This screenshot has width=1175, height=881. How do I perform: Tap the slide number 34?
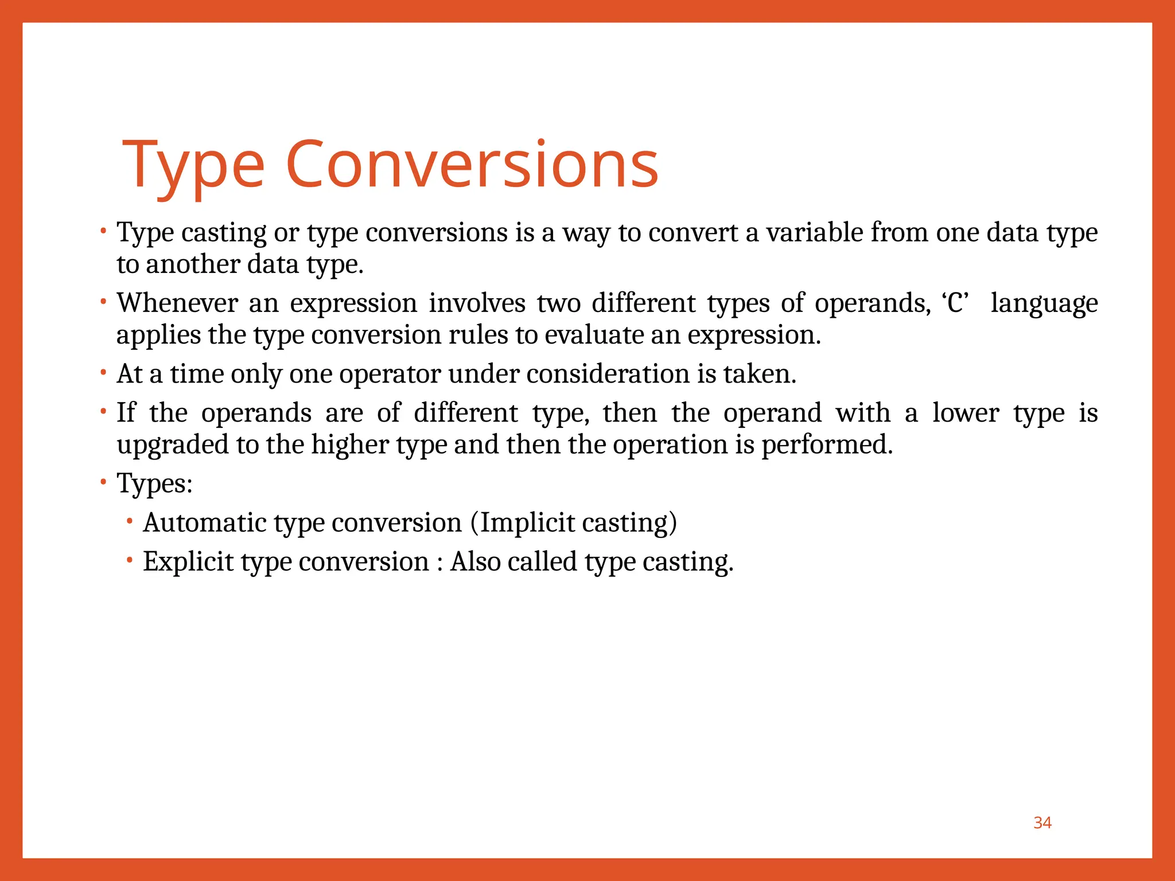[x=1042, y=822]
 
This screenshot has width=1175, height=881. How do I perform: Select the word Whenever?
[x=177, y=303]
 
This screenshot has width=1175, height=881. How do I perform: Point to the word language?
[x=1044, y=304]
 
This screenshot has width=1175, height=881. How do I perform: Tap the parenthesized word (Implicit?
[x=522, y=523]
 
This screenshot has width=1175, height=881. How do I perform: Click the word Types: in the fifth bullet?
[x=154, y=484]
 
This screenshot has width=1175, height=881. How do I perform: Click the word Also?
[x=474, y=562]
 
